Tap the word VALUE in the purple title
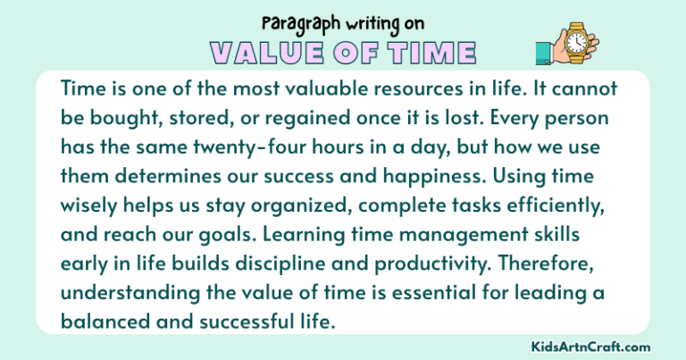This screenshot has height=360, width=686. click(x=264, y=52)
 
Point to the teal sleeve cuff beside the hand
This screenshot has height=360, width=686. click(x=542, y=54)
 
